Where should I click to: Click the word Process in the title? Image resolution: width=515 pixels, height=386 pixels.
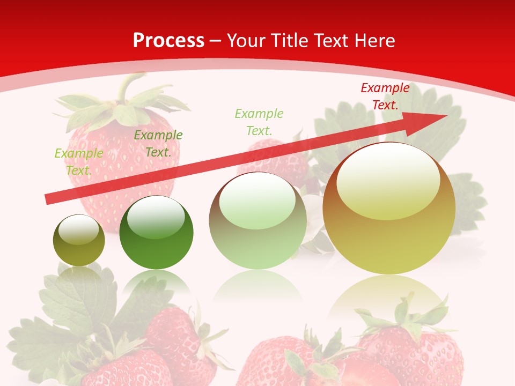click(168, 41)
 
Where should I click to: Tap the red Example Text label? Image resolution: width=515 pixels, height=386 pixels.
click(385, 96)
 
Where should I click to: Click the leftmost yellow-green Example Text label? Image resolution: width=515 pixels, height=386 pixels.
click(79, 161)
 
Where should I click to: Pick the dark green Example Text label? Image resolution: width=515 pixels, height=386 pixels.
click(158, 144)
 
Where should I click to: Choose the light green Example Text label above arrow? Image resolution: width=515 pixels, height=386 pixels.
click(259, 122)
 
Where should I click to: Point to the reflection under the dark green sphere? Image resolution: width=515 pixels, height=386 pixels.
click(156, 281)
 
